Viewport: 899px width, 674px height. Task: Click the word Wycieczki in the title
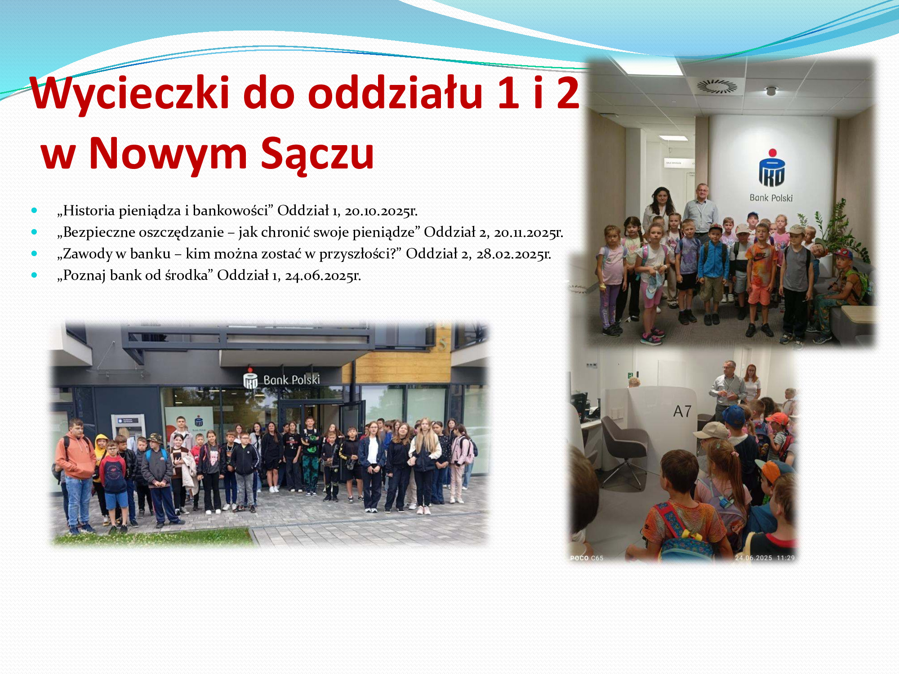pos(130,93)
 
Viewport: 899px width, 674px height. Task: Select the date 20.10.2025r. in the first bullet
pos(381,211)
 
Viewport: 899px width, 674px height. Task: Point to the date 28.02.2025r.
pos(514,254)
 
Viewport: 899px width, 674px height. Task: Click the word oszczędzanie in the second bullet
pos(181,232)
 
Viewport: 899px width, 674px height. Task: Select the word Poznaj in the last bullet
pos(81,275)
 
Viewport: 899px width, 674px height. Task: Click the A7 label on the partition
pos(682,411)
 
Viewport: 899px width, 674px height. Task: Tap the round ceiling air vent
pos(717,86)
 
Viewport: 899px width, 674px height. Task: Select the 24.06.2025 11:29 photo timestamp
pos(765,558)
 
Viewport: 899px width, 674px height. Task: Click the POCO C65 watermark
pos(587,558)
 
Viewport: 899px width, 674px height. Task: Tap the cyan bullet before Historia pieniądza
pos(34,210)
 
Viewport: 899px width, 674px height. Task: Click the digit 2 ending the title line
pos(568,93)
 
